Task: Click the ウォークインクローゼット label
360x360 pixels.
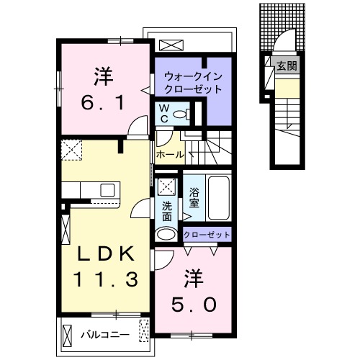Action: click(x=192, y=82)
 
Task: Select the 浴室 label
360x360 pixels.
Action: click(x=194, y=197)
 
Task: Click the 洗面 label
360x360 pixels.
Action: click(x=166, y=210)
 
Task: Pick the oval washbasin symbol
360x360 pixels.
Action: click(x=166, y=233)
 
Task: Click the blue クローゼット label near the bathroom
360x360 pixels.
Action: click(x=207, y=235)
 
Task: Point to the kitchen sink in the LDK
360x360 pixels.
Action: click(x=108, y=190)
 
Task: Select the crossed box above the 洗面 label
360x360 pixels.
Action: click(x=166, y=185)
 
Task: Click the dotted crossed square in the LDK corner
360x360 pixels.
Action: click(x=72, y=150)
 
